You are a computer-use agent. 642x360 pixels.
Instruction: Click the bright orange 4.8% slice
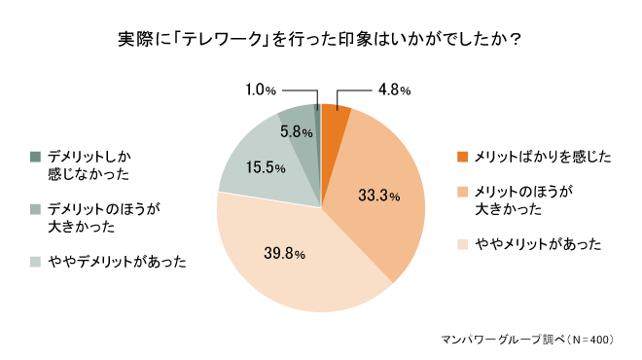click(x=333, y=122)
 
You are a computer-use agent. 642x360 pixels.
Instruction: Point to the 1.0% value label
click(x=262, y=90)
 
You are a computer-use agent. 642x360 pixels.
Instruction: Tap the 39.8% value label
click(x=285, y=253)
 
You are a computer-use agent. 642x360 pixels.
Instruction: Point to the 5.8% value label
click(x=296, y=131)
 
